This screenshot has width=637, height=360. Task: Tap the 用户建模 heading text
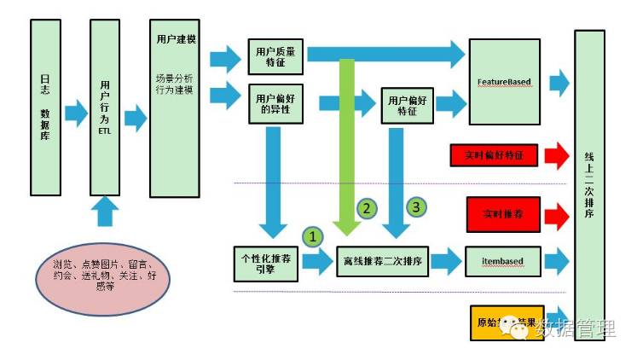click(x=177, y=39)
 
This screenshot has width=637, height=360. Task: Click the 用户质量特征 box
click(x=276, y=55)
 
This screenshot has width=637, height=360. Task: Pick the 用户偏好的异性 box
click(x=276, y=104)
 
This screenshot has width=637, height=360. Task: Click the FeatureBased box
click(x=504, y=82)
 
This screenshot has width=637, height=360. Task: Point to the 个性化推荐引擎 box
click(x=265, y=263)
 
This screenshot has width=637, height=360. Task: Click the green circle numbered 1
click(x=314, y=236)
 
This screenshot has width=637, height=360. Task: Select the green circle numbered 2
click(x=366, y=207)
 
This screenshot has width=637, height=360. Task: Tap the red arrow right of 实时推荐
click(x=555, y=211)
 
